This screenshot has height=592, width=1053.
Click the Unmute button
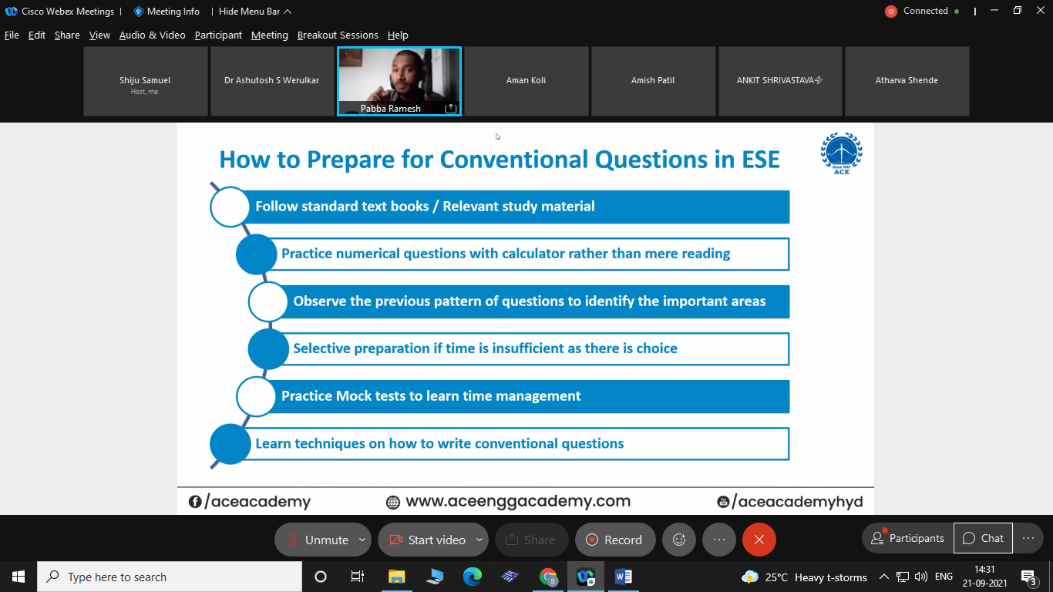[322, 540]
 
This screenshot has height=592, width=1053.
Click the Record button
[615, 540]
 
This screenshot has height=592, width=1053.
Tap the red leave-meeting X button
[759, 540]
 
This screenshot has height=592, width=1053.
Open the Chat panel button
[983, 538]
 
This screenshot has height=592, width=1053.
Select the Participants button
[908, 538]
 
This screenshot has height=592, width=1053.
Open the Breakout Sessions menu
[338, 35]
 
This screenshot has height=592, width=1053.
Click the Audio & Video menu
[153, 35]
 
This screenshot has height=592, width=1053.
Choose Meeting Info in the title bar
[167, 12]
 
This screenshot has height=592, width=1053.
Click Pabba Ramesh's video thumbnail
[399, 81]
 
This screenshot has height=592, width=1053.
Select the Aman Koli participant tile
[526, 81]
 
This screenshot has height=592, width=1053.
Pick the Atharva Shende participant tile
[907, 81]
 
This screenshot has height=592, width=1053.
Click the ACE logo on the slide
[842, 153]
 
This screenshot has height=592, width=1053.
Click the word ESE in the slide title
[761, 160]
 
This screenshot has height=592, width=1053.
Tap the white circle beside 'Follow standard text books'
[230, 207]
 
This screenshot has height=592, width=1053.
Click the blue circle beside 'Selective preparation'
[268, 349]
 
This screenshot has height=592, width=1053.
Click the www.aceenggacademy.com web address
[518, 501]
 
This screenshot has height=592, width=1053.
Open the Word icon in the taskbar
[624, 577]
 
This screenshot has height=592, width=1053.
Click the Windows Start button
[19, 577]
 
